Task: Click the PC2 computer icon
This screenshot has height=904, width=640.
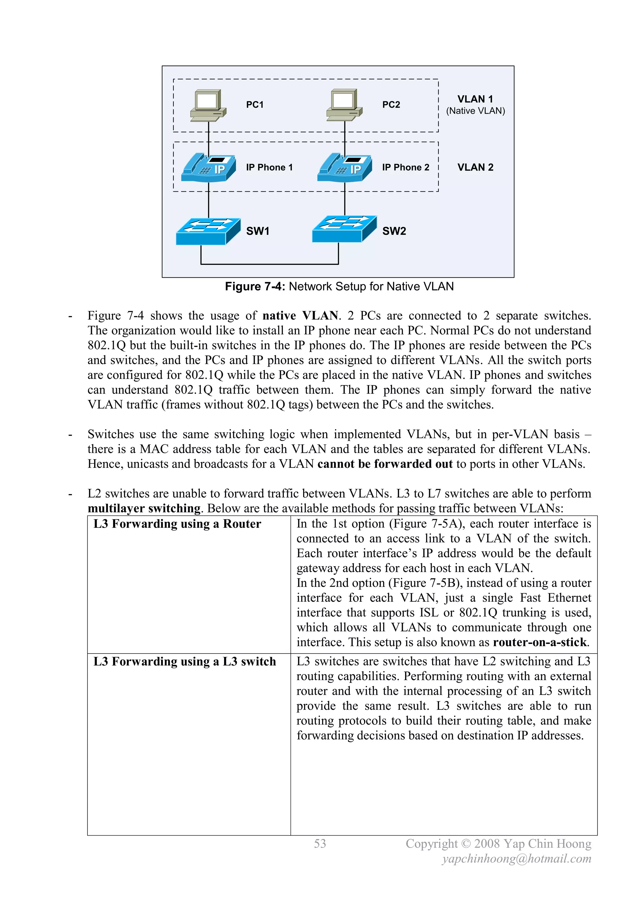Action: (x=344, y=104)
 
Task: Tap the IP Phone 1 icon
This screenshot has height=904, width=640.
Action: (x=208, y=168)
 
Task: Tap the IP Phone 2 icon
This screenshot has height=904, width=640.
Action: (x=344, y=168)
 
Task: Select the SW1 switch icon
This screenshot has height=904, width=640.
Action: (x=208, y=231)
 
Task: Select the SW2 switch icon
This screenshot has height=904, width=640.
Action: (x=344, y=229)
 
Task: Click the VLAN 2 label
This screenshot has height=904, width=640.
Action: (x=475, y=167)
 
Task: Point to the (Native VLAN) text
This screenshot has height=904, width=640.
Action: (x=475, y=111)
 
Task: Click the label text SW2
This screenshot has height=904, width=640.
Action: (x=394, y=231)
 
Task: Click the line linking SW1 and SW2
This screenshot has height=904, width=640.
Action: (x=270, y=264)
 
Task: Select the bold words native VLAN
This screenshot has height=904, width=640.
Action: (x=300, y=316)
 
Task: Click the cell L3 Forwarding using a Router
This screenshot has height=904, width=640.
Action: (x=177, y=524)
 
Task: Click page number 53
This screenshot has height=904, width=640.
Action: (x=320, y=844)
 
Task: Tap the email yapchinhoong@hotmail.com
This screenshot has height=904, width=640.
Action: (x=517, y=859)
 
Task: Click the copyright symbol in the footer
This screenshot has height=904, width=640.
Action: (x=466, y=844)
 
